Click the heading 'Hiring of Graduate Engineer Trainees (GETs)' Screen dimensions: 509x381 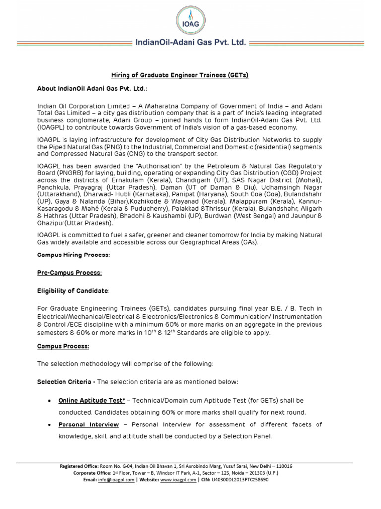pos(179,75)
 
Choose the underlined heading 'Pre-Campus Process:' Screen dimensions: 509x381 pos(70,273)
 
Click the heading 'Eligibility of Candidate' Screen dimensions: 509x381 pos(72,290)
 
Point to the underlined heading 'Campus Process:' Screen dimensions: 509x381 pos(63,346)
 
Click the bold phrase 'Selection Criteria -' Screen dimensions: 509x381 pos(66,382)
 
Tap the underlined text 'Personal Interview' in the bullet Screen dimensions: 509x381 pos(88,424)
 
